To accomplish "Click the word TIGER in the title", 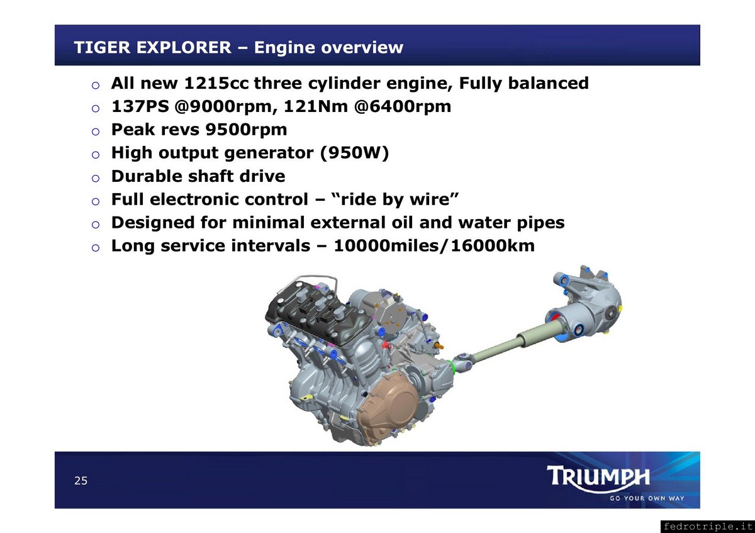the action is point(102,47).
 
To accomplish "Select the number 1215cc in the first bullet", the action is point(216,83).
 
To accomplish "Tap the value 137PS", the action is point(140,106).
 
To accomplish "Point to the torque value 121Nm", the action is point(315,106).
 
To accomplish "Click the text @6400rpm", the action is point(403,106).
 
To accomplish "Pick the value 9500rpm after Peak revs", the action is point(246,130).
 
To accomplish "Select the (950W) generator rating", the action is point(354,153).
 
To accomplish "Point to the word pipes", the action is point(540,223).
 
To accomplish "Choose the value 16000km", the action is point(493,246).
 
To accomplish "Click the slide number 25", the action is point(81,480).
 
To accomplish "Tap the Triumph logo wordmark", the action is point(598,477).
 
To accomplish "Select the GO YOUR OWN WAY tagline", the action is point(647,498).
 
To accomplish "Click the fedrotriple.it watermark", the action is point(707,526).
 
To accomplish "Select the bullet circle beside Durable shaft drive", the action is point(96,178).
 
